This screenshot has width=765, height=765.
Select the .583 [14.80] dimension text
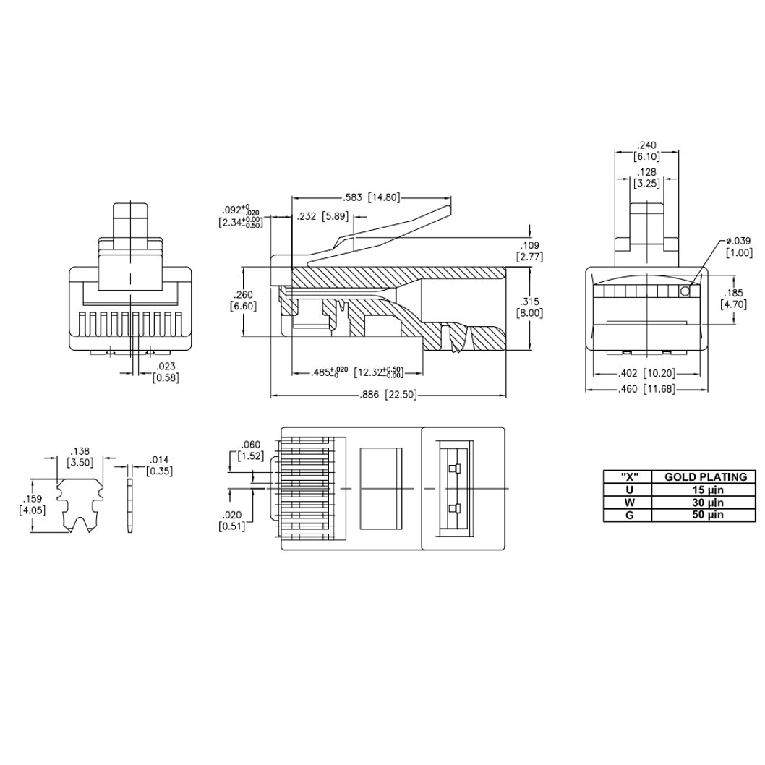click(x=372, y=197)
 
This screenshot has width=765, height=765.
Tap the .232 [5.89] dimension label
click(x=323, y=216)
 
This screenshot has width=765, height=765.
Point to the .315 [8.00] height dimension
click(x=529, y=307)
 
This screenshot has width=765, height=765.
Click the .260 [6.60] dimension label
click(x=243, y=301)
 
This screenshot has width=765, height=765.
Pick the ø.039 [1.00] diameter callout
click(x=740, y=247)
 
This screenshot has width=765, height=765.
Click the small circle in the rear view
click(x=685, y=291)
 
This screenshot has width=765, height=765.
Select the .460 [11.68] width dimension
click(x=646, y=389)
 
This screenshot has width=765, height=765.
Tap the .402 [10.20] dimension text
click(x=646, y=373)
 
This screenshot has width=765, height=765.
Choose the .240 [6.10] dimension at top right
click(x=647, y=150)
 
